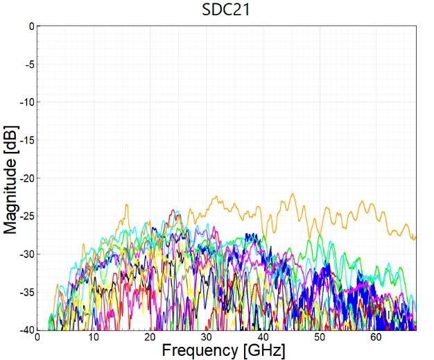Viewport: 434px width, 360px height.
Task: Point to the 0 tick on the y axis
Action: click(x=31, y=26)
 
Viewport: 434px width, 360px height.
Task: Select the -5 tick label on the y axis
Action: click(x=28, y=65)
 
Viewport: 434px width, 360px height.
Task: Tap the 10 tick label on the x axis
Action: click(x=94, y=337)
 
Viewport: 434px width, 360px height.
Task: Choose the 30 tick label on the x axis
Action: click(x=206, y=337)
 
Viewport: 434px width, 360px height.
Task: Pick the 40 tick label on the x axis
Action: click(x=263, y=337)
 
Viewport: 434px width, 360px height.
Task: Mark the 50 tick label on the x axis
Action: click(x=319, y=337)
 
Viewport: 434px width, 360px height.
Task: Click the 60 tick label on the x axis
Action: click(x=375, y=337)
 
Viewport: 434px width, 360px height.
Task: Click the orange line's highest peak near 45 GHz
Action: click(x=293, y=194)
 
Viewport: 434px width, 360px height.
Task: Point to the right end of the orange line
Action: click(x=415, y=238)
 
